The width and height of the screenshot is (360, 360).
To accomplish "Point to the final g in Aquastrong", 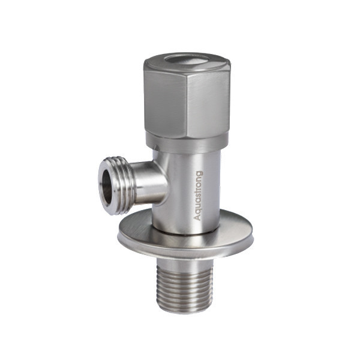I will click(199, 173).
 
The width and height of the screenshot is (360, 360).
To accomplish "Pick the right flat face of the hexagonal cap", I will click(210, 99).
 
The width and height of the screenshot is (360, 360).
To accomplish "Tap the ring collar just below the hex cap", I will click(186, 143).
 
